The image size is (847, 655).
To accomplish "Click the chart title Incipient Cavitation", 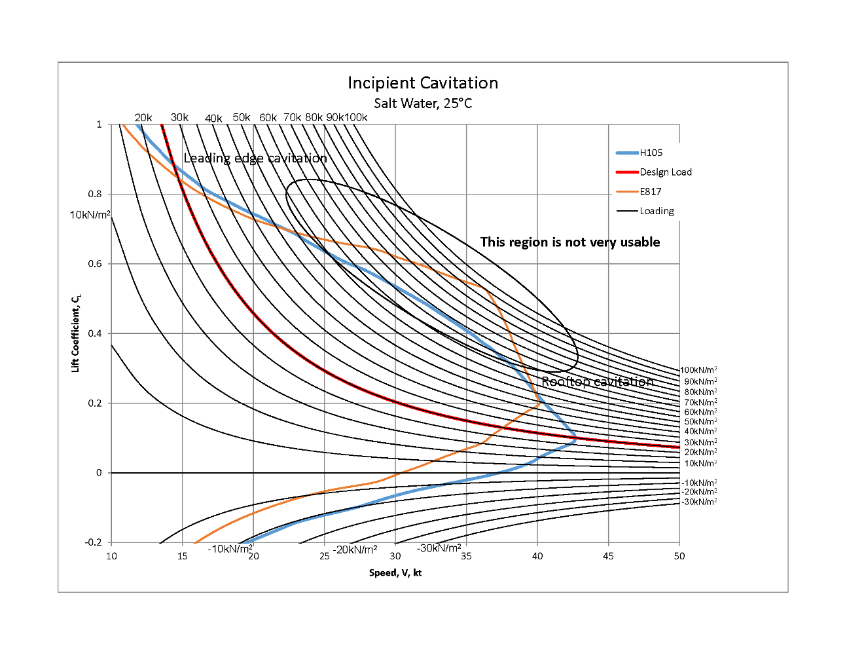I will [423, 83].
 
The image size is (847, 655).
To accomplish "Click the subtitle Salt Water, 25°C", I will [423, 103].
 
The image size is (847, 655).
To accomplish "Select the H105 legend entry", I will [651, 153].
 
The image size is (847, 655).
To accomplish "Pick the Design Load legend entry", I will [665, 172].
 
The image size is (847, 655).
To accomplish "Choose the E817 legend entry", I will [650, 192].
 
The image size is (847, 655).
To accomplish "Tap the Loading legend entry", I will [657, 211].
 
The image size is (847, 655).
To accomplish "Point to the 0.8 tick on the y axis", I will [96, 194].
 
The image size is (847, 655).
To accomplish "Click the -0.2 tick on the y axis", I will [94, 542].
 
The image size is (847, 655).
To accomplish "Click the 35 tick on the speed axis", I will [466, 556].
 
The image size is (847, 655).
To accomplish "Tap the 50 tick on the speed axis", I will [679, 556].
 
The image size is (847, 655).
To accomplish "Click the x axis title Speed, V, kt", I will [395, 573].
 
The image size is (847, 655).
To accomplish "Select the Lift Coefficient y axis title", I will [75, 334].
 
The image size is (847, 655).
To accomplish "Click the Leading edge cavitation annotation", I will [255, 159].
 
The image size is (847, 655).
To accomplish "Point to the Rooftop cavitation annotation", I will [597, 382].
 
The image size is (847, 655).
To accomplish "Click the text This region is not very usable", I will [569, 242].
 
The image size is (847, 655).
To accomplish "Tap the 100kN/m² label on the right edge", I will [698, 371].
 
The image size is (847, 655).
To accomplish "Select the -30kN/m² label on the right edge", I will [699, 502].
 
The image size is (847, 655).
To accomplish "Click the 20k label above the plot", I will [143, 118].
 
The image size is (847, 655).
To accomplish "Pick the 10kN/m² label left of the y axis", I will [90, 215].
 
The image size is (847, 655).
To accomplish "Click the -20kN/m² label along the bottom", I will [355, 550].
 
